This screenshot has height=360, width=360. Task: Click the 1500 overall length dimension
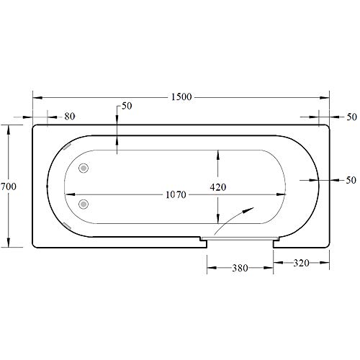181,97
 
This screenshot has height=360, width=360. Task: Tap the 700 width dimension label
9,186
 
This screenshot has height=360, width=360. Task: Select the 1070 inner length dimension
176,194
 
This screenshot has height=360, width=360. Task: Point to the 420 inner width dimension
218,187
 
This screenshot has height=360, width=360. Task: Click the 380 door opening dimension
240,268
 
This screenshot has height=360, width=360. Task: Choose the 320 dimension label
301,263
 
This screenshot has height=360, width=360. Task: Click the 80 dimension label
70,117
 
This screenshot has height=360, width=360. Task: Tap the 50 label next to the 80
127,106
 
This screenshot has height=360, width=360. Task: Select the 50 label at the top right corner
351,117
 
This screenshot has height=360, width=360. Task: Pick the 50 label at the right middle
351,180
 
